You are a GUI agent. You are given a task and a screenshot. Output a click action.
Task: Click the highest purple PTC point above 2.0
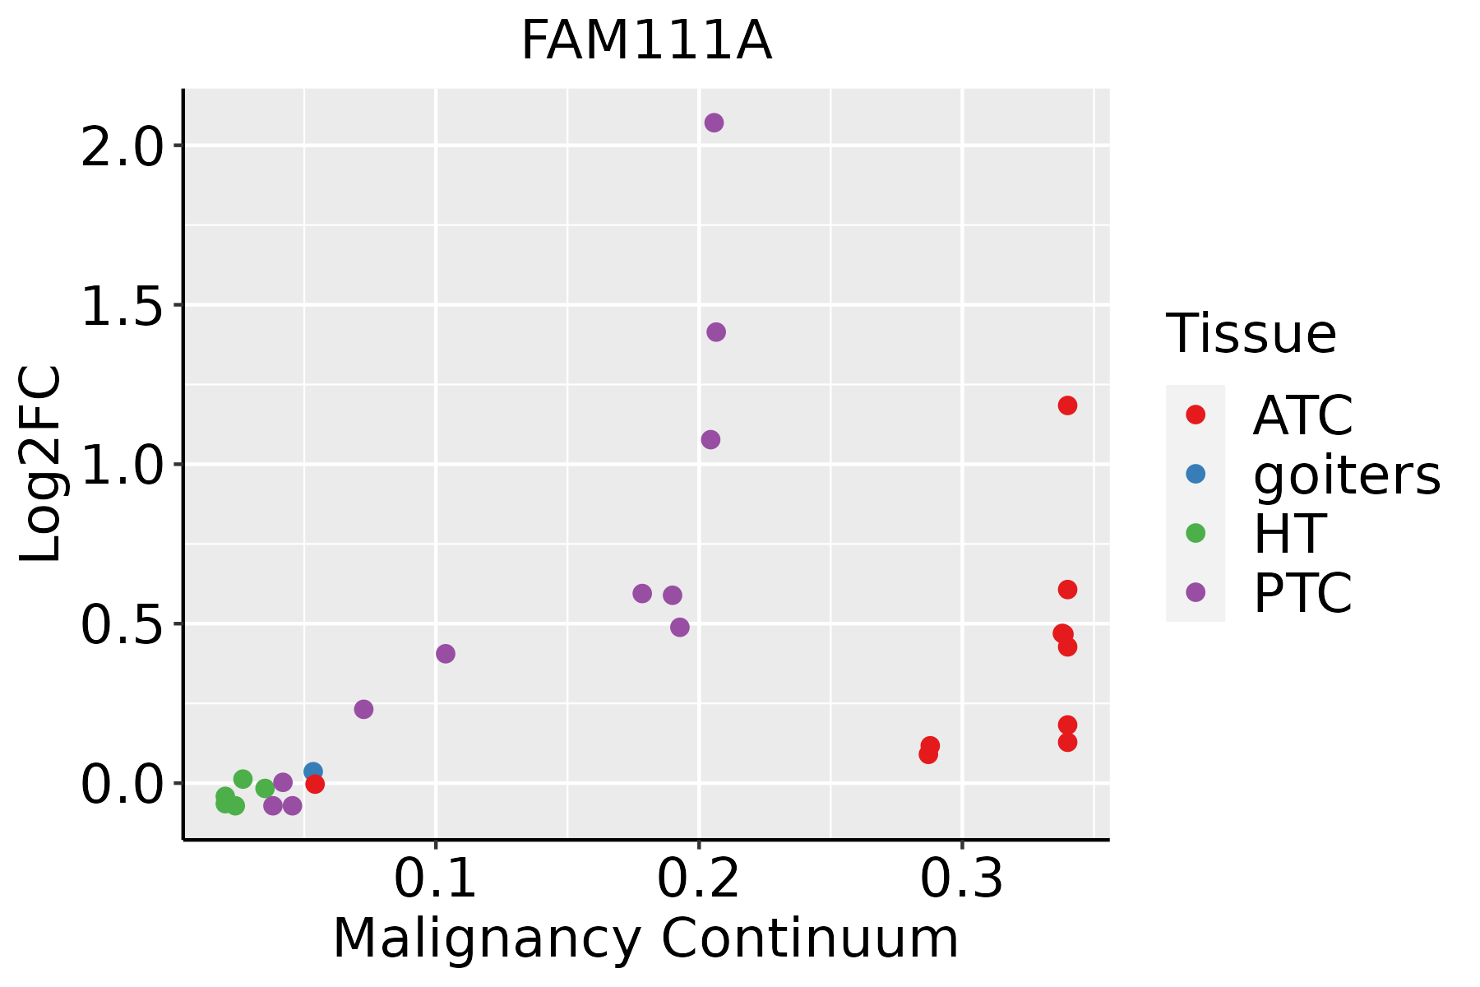[714, 123]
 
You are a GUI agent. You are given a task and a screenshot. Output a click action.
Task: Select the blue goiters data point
[313, 772]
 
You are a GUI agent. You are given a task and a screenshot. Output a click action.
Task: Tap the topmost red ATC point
[1067, 405]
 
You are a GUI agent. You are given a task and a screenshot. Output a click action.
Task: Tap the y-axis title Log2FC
[41, 464]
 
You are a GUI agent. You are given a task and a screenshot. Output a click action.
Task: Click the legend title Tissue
[1251, 334]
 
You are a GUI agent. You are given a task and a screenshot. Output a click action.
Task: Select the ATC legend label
[1302, 415]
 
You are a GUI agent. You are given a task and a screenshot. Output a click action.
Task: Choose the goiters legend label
[1347, 475]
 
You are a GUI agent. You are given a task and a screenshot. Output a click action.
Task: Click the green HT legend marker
[1196, 533]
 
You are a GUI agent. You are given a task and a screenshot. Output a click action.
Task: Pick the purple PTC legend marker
[1196, 592]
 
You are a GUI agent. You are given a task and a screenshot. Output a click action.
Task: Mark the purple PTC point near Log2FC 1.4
[716, 332]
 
